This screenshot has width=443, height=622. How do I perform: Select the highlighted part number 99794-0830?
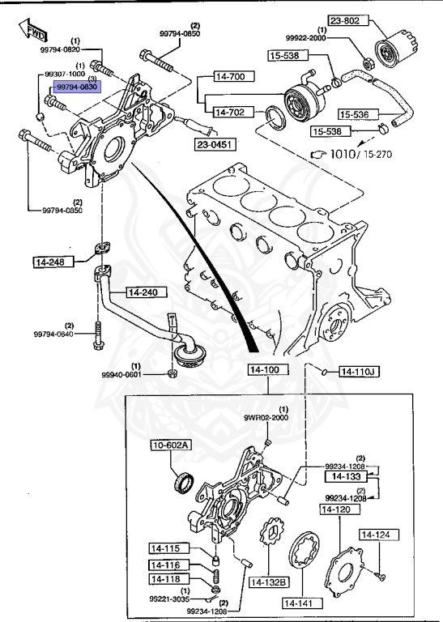(76, 86)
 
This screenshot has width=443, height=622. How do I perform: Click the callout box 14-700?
(229, 78)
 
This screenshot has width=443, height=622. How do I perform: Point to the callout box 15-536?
(357, 115)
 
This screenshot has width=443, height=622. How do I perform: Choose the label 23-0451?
(215, 144)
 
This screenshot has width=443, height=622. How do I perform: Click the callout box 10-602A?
(170, 445)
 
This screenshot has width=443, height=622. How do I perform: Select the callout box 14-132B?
(269, 582)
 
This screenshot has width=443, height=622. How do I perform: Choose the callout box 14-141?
(300, 603)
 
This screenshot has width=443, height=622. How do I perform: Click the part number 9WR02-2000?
(266, 418)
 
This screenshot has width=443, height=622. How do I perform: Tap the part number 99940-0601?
(121, 375)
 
